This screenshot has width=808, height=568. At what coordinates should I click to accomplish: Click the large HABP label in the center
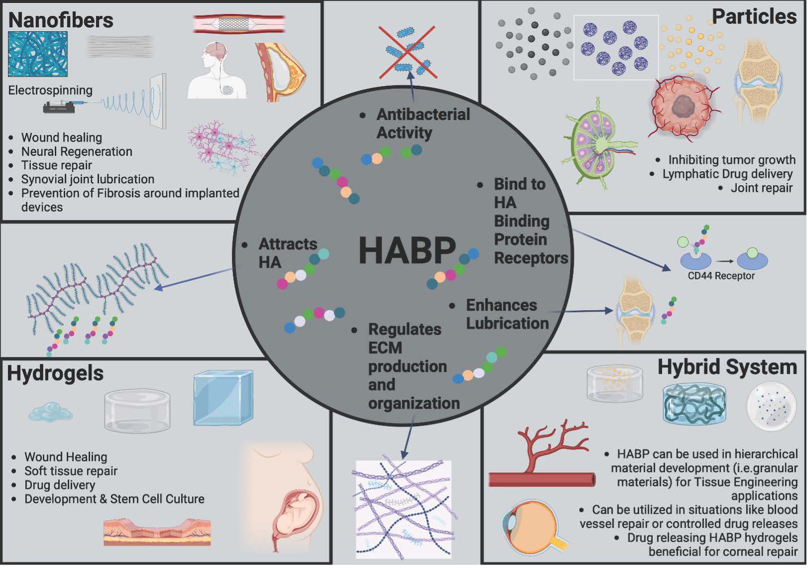(x=407, y=250)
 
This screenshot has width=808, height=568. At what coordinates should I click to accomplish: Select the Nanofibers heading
(x=61, y=20)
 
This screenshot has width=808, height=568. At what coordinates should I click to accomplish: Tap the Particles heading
(x=754, y=16)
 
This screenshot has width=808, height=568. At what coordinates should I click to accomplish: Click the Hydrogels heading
(x=55, y=373)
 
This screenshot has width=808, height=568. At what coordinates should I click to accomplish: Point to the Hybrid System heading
(x=727, y=367)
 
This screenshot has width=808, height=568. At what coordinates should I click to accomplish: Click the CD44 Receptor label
(x=721, y=276)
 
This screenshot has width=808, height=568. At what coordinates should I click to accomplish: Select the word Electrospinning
(x=50, y=90)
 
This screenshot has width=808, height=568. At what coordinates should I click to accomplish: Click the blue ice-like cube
(x=223, y=398)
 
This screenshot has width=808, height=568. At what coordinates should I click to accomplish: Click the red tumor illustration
(x=682, y=107)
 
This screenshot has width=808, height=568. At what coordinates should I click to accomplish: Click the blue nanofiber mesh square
(x=37, y=54)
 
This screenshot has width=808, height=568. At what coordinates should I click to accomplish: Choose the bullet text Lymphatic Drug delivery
(x=727, y=174)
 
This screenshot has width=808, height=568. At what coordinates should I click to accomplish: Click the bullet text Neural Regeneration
(x=77, y=151)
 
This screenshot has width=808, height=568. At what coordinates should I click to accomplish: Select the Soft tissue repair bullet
(x=71, y=471)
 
